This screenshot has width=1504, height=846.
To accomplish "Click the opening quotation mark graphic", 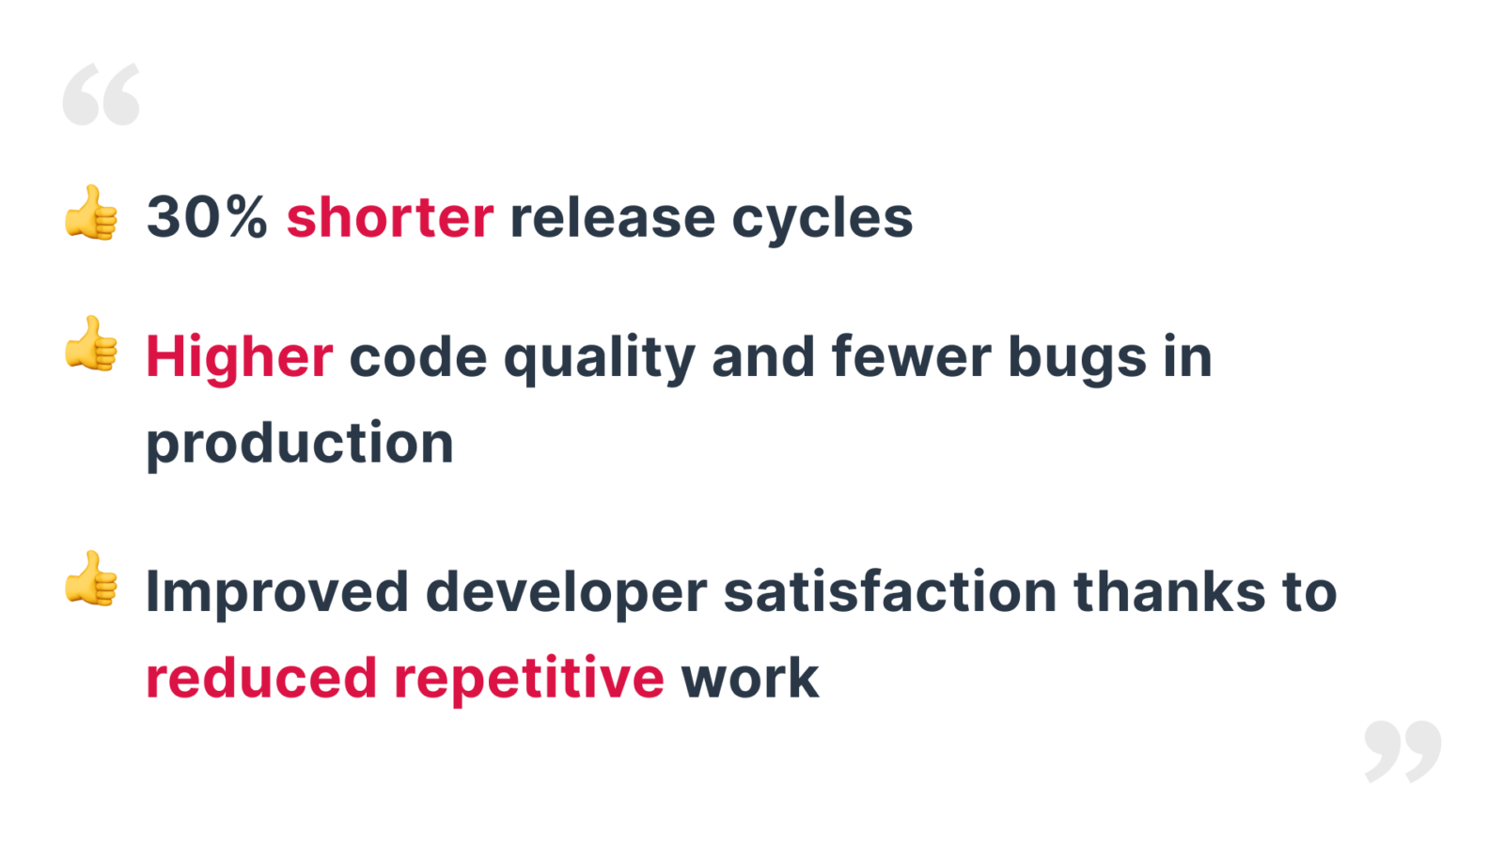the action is click(x=101, y=94).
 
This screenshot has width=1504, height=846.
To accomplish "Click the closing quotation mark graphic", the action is click(x=1402, y=752).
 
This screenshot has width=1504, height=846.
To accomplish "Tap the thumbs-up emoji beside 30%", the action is click(x=91, y=212).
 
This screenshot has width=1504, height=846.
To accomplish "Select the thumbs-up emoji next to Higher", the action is click(x=91, y=344).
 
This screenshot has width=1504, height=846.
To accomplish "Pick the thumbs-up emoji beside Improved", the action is click(x=91, y=579).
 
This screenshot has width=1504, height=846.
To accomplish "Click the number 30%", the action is click(x=207, y=217).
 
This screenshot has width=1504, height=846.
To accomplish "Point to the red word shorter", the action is click(x=390, y=216).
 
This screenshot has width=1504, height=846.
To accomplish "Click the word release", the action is click(x=612, y=217).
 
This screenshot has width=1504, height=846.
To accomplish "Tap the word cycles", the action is click(x=822, y=221).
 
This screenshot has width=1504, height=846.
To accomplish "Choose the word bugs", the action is click(x=1077, y=359).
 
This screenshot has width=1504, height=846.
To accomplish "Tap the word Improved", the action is click(x=277, y=593).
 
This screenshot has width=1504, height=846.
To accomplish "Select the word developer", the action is click(x=567, y=593).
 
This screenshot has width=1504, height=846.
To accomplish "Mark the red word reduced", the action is click(x=261, y=677).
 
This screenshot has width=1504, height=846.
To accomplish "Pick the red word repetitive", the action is click(x=529, y=680).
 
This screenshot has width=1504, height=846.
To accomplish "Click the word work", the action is click(x=751, y=677).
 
